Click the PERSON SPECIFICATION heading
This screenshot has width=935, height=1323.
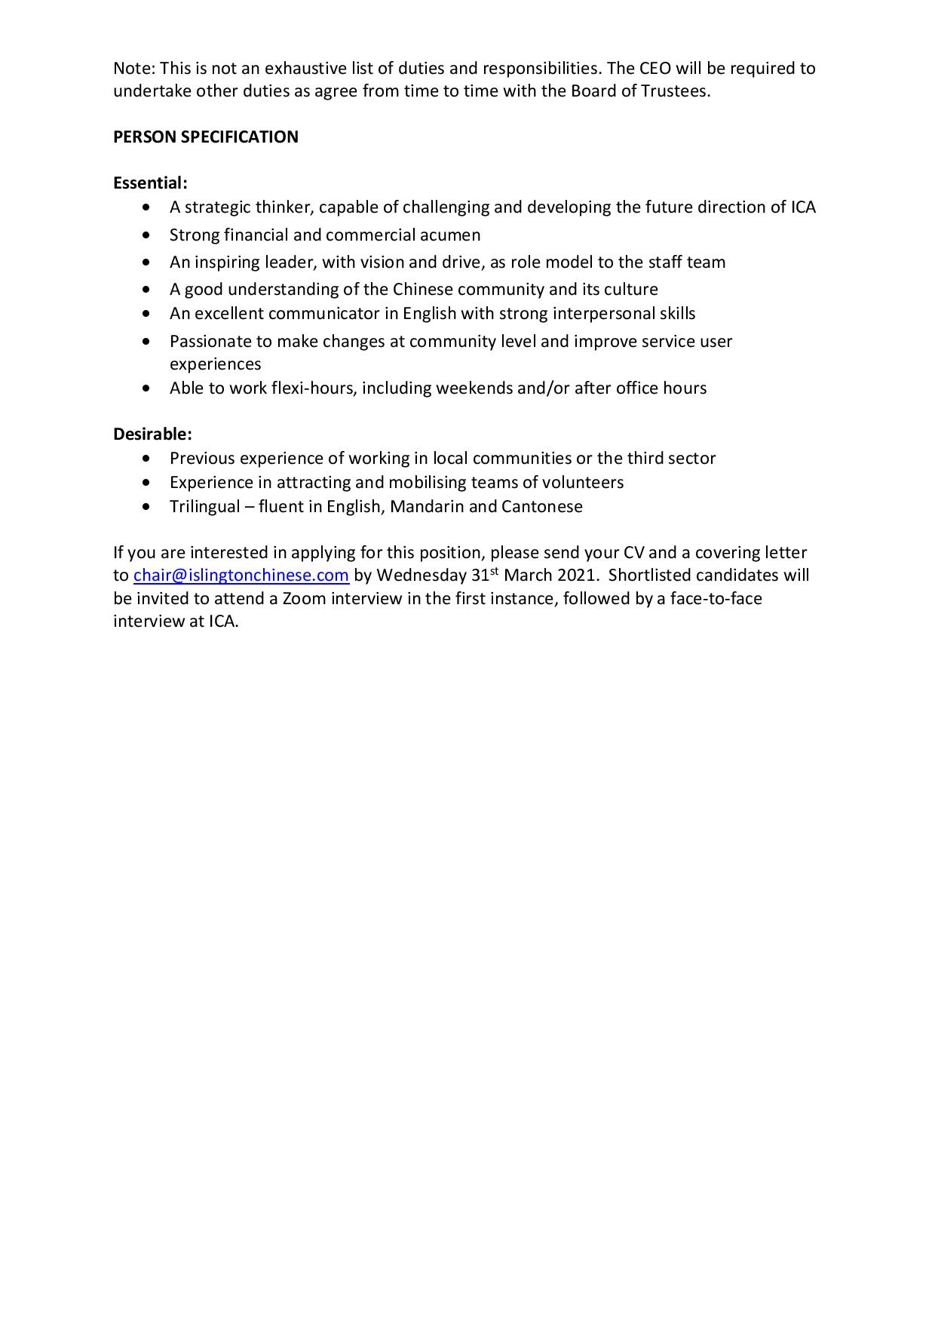pyautogui.click(x=206, y=137)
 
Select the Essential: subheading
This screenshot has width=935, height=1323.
pyautogui.click(x=150, y=183)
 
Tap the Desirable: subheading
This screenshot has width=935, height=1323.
pyautogui.click(x=152, y=434)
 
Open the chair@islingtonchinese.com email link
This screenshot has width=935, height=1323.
pyautogui.click(x=241, y=576)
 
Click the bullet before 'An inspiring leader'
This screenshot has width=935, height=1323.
pyautogui.click(x=146, y=262)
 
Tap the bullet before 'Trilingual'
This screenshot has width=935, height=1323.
pyautogui.click(x=146, y=507)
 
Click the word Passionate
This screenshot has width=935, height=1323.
pyautogui.click(x=210, y=342)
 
